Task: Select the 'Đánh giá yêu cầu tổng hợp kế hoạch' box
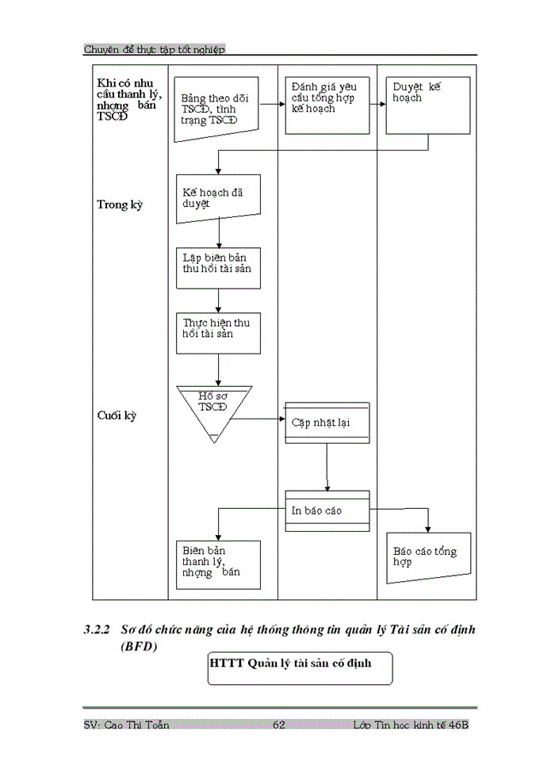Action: point(327,105)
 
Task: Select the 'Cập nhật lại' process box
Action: point(327,423)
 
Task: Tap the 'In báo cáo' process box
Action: point(327,511)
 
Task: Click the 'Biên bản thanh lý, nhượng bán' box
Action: point(218,564)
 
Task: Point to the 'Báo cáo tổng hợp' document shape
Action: point(428,556)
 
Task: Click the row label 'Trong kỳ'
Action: point(120,205)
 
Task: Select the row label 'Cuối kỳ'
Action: point(117,415)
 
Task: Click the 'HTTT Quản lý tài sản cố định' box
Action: point(300,667)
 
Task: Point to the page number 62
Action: point(278,725)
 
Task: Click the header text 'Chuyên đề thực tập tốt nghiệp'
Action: point(155,49)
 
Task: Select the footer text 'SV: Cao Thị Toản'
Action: point(126,725)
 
